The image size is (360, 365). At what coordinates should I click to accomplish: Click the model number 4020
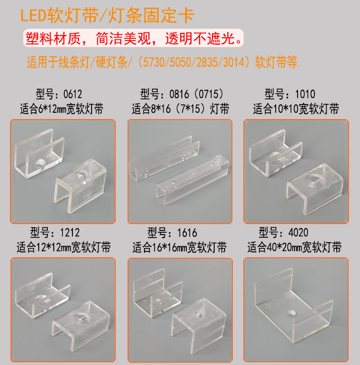[x=298, y=233]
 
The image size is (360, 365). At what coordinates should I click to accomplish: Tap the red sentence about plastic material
[x=134, y=39]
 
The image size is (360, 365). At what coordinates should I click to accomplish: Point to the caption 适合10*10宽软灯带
[x=296, y=109]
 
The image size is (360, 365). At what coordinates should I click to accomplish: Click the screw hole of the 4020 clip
[x=292, y=313]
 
